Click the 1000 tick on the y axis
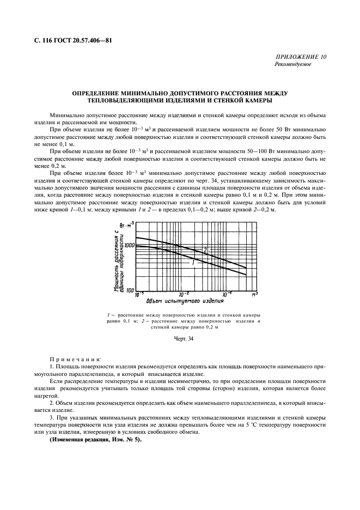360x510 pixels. (x=129, y=246)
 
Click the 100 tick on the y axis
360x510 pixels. (x=129, y=290)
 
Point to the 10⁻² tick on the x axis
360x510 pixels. (x=184, y=294)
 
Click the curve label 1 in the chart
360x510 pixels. (x=193, y=263)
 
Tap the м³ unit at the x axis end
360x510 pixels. (x=254, y=294)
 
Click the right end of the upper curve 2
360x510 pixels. (x=246, y=268)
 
